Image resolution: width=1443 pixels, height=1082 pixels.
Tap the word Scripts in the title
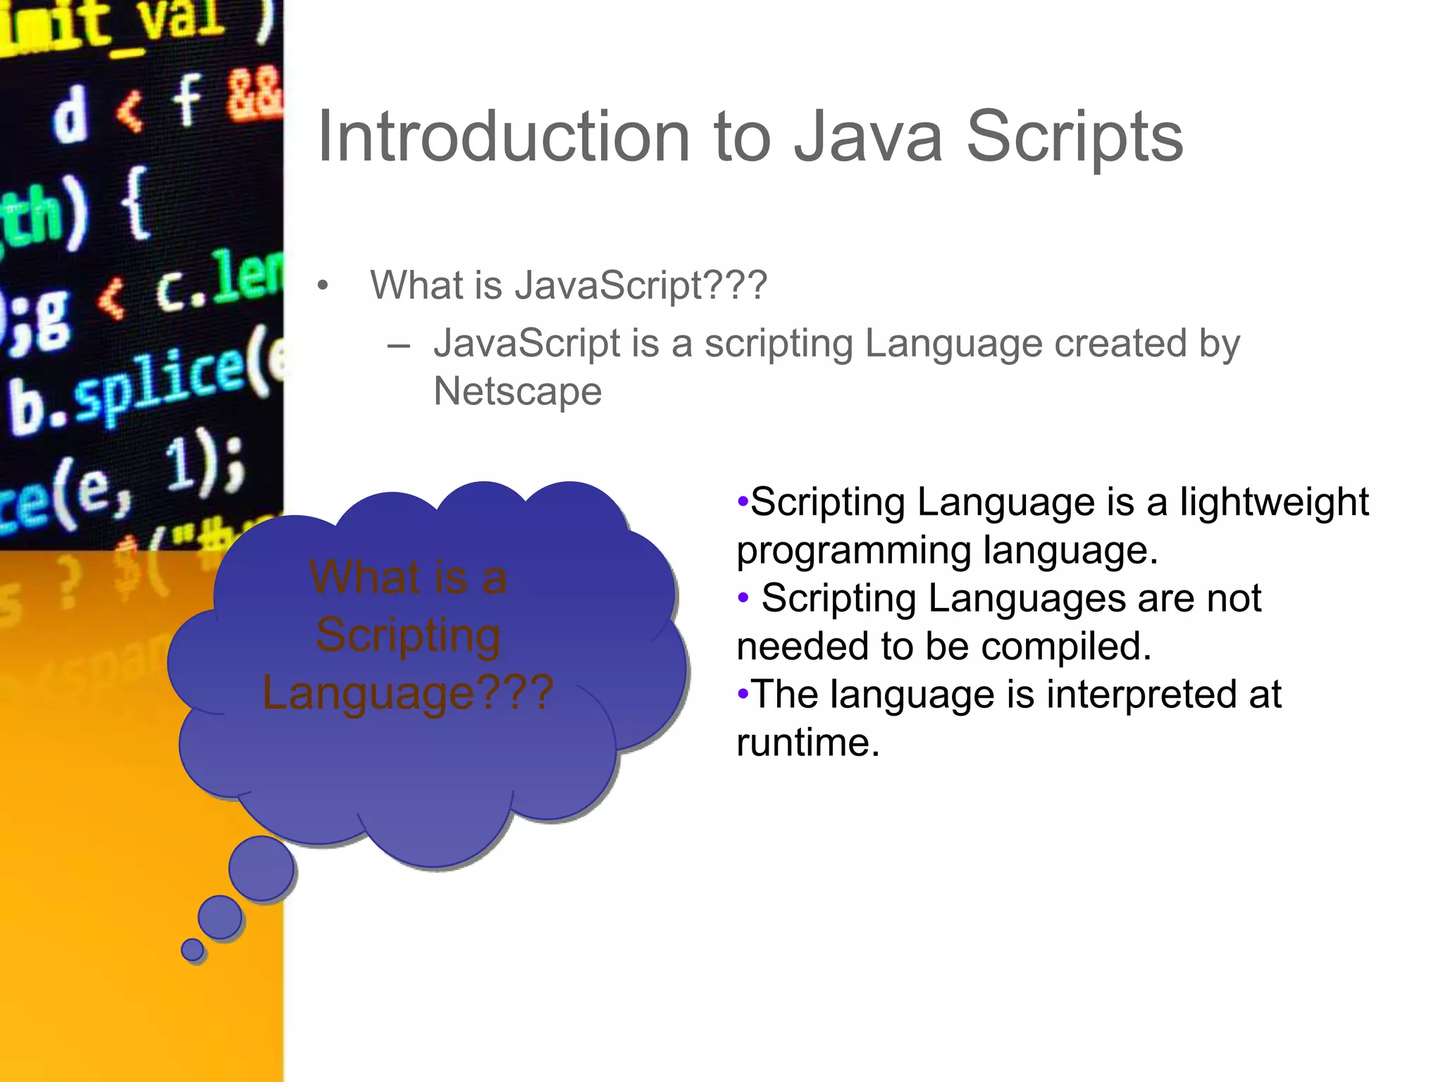coord(1074,138)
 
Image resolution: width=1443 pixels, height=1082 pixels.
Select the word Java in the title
coord(867,137)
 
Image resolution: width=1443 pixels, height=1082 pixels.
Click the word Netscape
coord(517,391)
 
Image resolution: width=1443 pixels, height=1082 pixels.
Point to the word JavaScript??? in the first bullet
coord(640,286)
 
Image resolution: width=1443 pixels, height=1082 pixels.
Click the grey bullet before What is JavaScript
coord(323,286)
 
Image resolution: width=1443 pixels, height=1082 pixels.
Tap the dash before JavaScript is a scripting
coord(399,346)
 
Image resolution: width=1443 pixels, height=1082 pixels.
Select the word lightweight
coord(1274,503)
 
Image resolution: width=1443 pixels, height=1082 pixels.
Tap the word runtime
coord(807,742)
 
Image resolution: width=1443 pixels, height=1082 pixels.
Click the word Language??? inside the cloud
coord(407,693)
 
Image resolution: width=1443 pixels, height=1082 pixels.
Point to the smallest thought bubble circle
coord(192,950)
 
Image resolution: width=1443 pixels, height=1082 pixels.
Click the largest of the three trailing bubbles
coord(261,869)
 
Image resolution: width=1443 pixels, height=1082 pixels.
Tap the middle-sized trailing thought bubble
coord(220,917)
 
